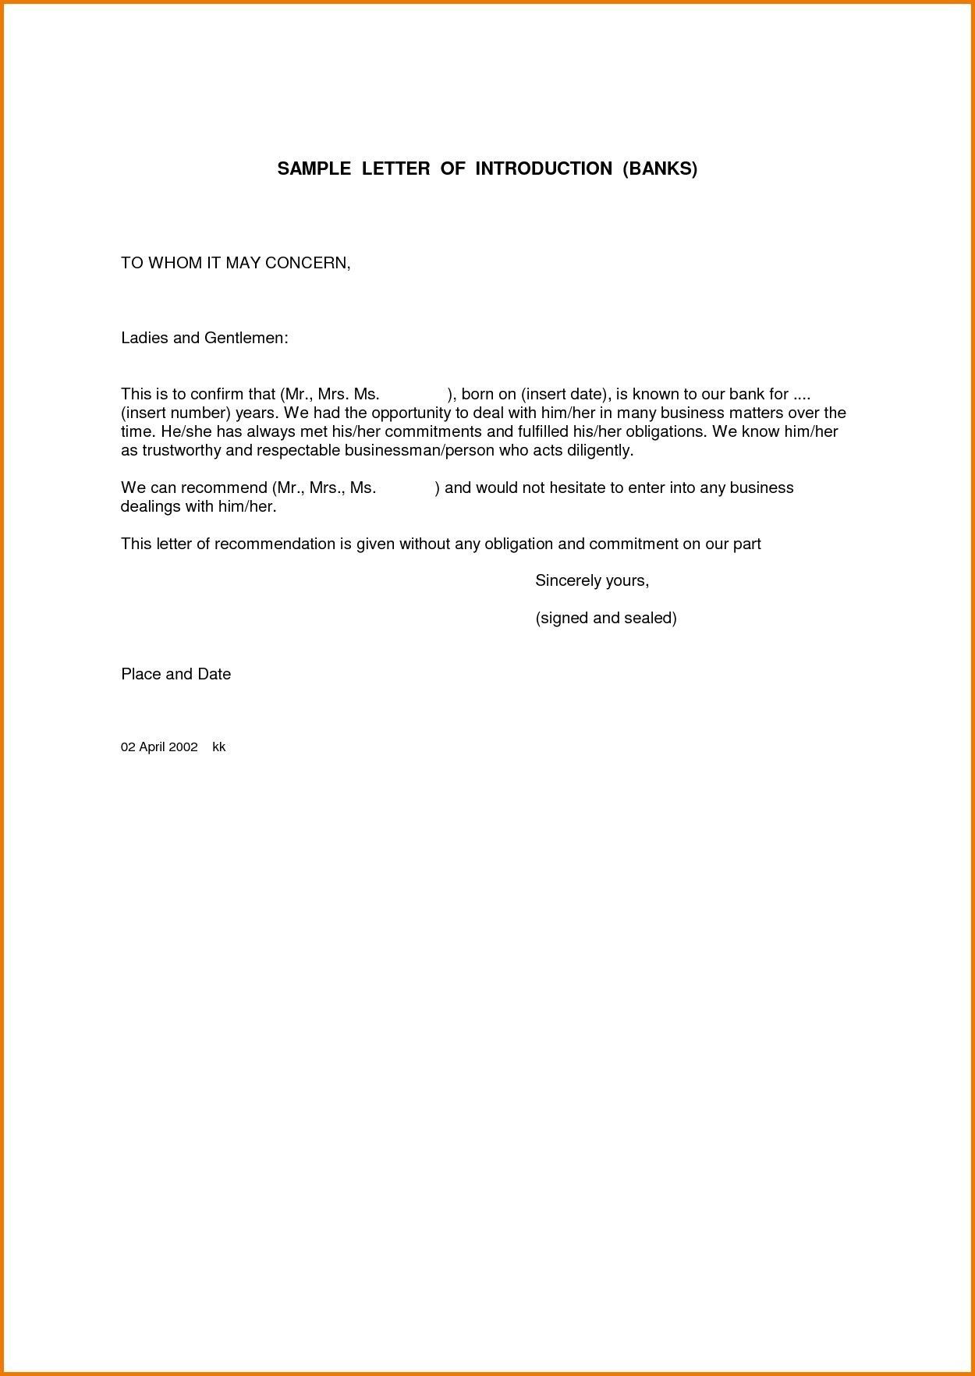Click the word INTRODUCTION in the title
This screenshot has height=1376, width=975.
(x=544, y=168)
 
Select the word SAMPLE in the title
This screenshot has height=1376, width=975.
(x=314, y=168)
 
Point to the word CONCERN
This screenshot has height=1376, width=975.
(x=307, y=263)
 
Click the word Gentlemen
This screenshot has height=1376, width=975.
(x=246, y=338)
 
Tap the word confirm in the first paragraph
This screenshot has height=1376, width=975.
(x=212, y=394)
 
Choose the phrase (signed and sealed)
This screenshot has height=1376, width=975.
(x=606, y=618)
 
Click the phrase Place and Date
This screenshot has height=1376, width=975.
(x=175, y=674)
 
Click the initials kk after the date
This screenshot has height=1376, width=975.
(x=219, y=747)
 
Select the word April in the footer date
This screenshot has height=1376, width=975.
(x=152, y=747)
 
